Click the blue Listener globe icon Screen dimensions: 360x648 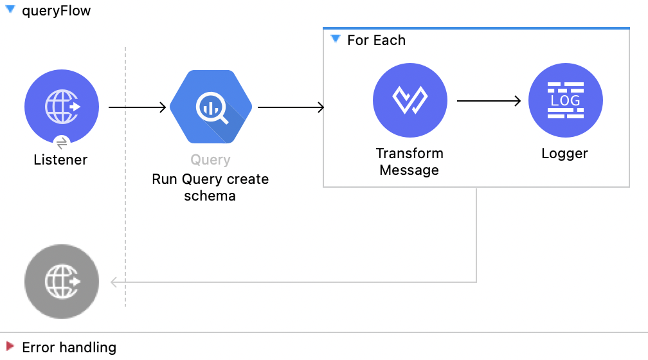(x=62, y=106)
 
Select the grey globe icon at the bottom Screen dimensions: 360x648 (x=62, y=282)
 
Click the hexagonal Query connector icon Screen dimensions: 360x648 (x=212, y=107)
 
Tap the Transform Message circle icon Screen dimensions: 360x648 (x=410, y=101)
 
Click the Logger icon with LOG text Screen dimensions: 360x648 (x=565, y=101)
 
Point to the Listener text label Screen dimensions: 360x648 (x=60, y=159)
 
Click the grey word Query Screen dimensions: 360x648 (x=210, y=160)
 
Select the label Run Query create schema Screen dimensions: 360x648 (x=210, y=187)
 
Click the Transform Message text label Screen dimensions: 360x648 (x=410, y=162)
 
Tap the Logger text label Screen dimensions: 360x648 (x=564, y=154)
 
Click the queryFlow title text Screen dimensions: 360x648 (x=56, y=11)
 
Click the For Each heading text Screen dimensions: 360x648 (x=376, y=40)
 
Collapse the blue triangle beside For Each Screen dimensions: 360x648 (x=335, y=39)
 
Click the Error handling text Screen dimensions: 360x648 (x=69, y=348)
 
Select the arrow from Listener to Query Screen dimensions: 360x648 (x=137, y=107)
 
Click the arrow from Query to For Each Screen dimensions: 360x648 (x=291, y=107)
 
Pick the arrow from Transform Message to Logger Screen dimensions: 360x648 (x=488, y=101)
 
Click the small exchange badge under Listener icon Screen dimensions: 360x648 (x=62, y=142)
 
